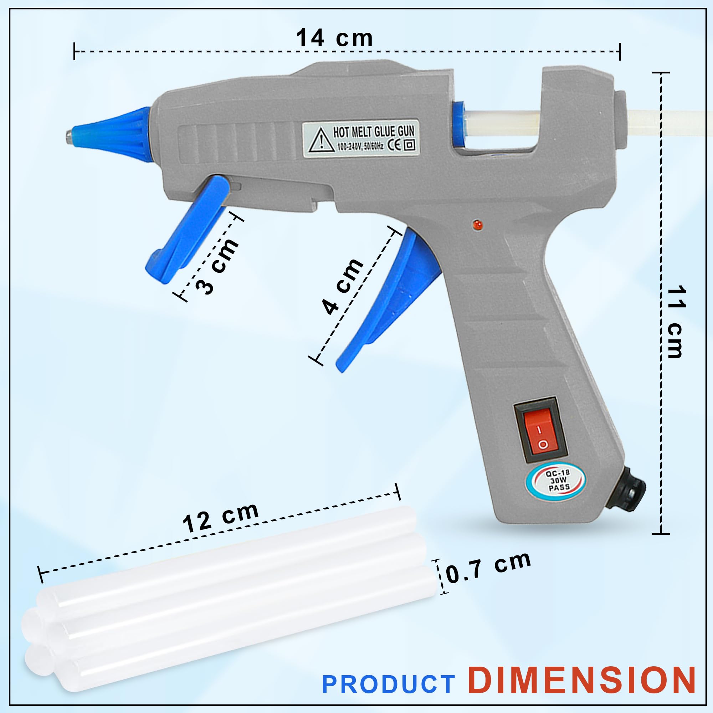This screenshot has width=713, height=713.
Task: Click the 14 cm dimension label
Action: (x=334, y=38)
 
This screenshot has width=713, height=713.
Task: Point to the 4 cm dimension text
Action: (x=343, y=286)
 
